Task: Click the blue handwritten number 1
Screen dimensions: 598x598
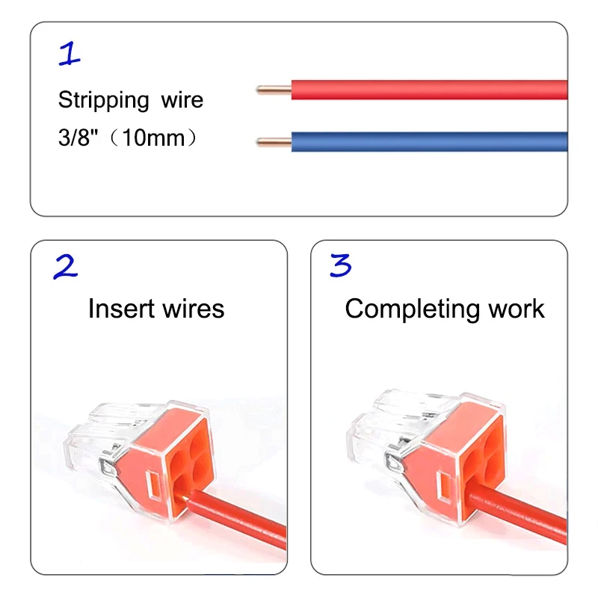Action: tap(70, 54)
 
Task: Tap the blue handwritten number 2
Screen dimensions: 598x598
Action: tap(65, 267)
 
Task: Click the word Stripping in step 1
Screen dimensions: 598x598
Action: tap(104, 100)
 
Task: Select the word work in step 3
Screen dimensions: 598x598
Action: tap(517, 309)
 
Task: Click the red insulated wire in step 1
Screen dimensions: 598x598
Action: tap(426, 90)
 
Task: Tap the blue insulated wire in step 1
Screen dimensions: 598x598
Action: tap(426, 142)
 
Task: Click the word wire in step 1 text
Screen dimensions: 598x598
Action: tap(182, 100)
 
